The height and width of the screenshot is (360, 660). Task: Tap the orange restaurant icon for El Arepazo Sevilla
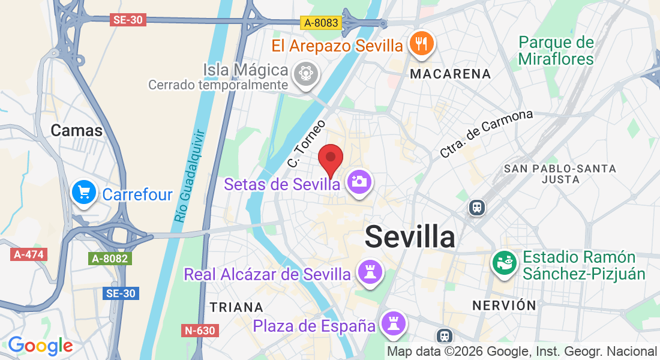click(x=421, y=44)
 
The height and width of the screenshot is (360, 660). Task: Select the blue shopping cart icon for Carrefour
click(x=83, y=193)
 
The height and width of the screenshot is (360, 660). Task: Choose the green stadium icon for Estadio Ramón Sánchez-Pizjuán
click(x=504, y=262)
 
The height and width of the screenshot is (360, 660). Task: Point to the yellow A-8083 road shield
click(x=321, y=23)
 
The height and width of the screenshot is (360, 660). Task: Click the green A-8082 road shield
click(x=110, y=259)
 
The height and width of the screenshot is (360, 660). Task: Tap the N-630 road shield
click(x=199, y=330)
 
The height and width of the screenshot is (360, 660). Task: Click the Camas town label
click(x=77, y=130)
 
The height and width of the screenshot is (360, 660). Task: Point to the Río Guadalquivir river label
click(x=189, y=177)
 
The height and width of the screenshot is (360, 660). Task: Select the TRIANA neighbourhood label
click(x=236, y=307)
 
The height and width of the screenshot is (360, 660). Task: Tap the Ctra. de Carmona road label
click(x=486, y=133)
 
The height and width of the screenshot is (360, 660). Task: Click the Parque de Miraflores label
click(x=556, y=50)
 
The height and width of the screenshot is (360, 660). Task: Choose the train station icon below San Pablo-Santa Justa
click(x=478, y=208)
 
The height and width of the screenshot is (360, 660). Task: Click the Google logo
click(x=40, y=346)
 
